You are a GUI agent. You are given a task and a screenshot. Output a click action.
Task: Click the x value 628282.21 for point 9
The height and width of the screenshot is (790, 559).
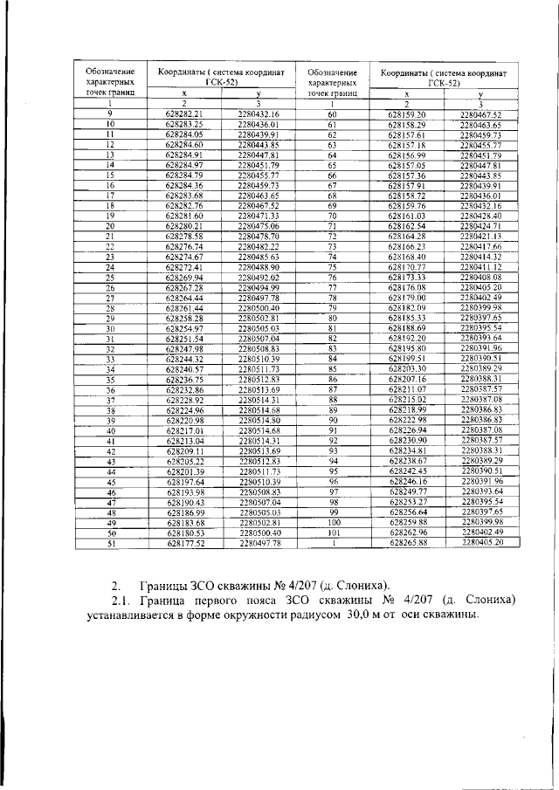(184, 114)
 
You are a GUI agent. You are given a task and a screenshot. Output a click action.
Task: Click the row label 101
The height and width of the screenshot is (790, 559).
(332, 532)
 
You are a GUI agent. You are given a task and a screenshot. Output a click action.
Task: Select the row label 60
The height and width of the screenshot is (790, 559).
(332, 114)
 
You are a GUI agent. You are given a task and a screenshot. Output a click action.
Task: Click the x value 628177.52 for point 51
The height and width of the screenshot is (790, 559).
(184, 541)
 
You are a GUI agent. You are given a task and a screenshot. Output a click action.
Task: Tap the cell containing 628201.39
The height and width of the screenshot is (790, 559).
(184, 471)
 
